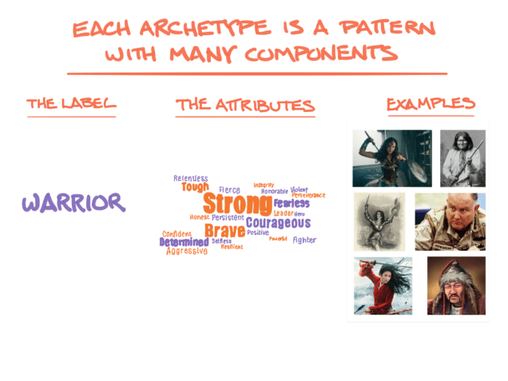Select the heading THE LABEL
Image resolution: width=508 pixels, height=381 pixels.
click(71, 104)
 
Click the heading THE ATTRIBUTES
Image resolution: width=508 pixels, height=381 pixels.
click(244, 105)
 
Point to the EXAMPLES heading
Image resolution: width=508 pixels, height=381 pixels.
click(431, 104)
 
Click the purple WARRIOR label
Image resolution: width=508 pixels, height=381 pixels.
click(73, 203)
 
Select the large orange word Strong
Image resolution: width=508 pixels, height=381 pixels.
click(237, 204)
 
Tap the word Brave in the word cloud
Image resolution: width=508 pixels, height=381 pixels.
click(224, 231)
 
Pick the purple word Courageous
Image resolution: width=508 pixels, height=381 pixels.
click(277, 222)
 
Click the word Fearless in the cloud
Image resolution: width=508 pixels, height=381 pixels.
click(292, 203)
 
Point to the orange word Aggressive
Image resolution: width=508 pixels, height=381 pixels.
click(186, 251)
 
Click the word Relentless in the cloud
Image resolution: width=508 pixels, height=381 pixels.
click(191, 178)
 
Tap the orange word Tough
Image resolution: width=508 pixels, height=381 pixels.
click(194, 187)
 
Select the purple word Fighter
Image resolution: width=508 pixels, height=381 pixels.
click(304, 240)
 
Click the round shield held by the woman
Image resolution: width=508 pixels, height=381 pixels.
click(415, 167)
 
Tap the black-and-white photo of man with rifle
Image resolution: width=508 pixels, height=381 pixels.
click(462, 157)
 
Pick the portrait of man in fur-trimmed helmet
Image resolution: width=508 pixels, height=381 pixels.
click(456, 285)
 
